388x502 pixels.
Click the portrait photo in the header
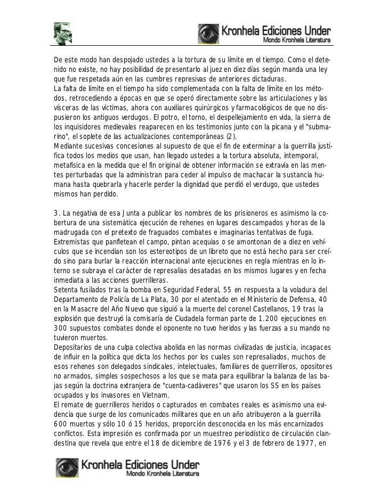62,33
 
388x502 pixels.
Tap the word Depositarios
77,347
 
